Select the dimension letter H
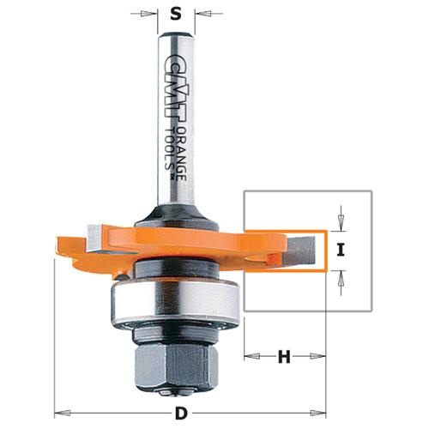286,354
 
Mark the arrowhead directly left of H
250,354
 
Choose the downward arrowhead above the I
341,225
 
